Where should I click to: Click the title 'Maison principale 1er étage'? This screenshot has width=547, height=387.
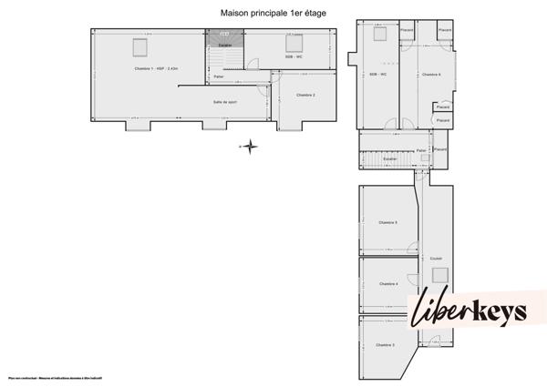pos(273,13)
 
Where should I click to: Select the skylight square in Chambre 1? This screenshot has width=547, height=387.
pos(140,46)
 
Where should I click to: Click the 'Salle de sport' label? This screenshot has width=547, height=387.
pos(226,102)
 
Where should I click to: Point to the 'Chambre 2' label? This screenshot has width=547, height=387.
pos(307,95)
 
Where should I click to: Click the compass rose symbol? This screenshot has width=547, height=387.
pos(249,146)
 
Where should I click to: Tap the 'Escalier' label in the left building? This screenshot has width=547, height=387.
pos(224,45)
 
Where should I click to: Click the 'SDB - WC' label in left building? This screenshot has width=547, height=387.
pos(294,57)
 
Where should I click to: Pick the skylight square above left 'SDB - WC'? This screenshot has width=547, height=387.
pos(294,43)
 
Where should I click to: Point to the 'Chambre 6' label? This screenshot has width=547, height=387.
pos(431,75)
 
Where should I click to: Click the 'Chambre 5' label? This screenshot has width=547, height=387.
pos(387,222)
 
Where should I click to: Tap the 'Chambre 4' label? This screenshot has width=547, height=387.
pos(387,284)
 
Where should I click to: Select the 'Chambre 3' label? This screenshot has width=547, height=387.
pos(385,345)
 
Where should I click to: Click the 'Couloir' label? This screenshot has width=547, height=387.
pos(436,257)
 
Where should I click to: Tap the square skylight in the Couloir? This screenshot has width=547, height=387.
pos(439,275)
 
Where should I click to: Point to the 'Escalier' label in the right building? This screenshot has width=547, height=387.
pos(389,158)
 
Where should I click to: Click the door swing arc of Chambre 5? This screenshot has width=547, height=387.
pos(414,247)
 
